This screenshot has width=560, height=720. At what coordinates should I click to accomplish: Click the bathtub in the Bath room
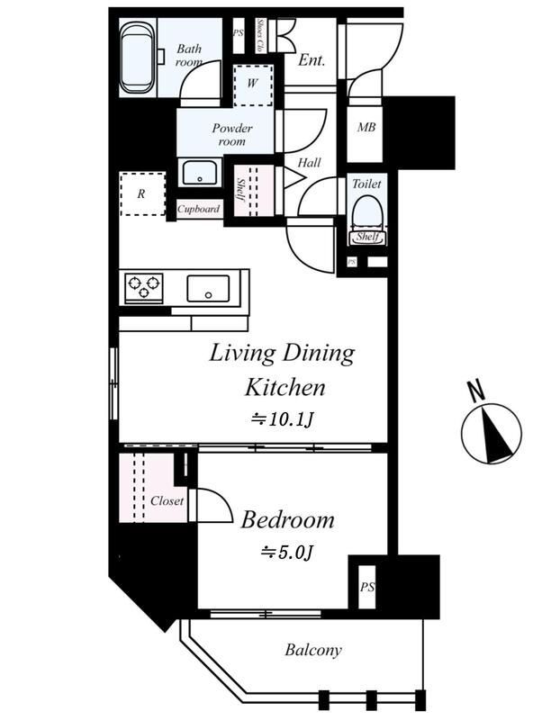pos(138,58)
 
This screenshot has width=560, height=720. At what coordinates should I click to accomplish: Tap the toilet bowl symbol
pos(367,216)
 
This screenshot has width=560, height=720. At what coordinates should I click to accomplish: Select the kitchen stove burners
pos(144,288)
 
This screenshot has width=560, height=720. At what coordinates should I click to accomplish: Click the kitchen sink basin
pos(208,288)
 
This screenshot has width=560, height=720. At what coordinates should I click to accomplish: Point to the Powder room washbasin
pos(200,172)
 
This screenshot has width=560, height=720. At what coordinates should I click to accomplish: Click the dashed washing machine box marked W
pos(253,85)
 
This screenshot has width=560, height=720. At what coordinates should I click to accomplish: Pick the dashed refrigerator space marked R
pos(142,193)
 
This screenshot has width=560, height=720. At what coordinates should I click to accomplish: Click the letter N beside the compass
pos(476,391)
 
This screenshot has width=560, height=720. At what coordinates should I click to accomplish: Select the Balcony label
pos(313,650)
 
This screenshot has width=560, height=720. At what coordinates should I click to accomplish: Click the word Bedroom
pos(287,520)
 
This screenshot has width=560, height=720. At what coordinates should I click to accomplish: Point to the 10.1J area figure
pos(282,419)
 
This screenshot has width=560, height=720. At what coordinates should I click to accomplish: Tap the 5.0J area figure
pos(287,552)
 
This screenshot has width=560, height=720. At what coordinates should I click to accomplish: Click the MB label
pos(366,127)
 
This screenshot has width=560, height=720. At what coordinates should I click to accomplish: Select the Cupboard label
pos(198,209)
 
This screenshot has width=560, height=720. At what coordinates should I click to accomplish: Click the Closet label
pos(167,501)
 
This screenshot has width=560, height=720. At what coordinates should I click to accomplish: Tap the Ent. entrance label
pos(312,59)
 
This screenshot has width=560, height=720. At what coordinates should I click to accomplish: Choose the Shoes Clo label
pos(260,35)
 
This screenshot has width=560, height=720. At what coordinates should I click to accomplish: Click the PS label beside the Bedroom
pos(367,587)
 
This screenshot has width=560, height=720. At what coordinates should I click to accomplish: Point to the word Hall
pos(309,163)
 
